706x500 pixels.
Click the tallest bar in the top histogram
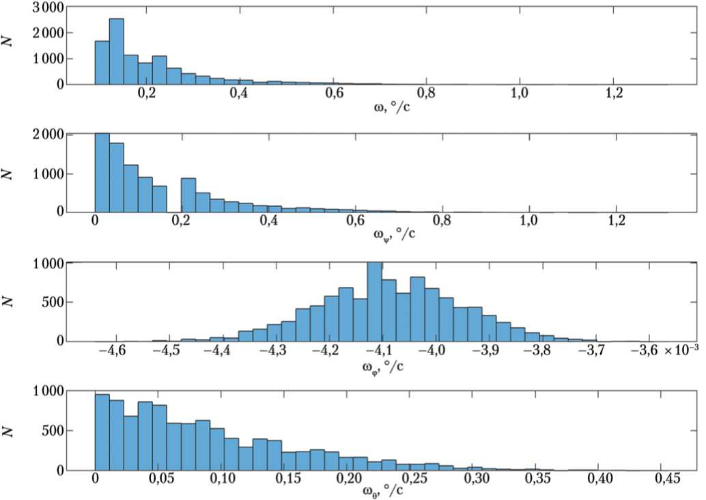(116, 51)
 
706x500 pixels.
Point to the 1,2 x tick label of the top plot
(613, 94)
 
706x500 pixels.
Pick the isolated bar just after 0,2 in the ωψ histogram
(188, 195)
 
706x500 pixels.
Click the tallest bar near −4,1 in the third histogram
(374, 302)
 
